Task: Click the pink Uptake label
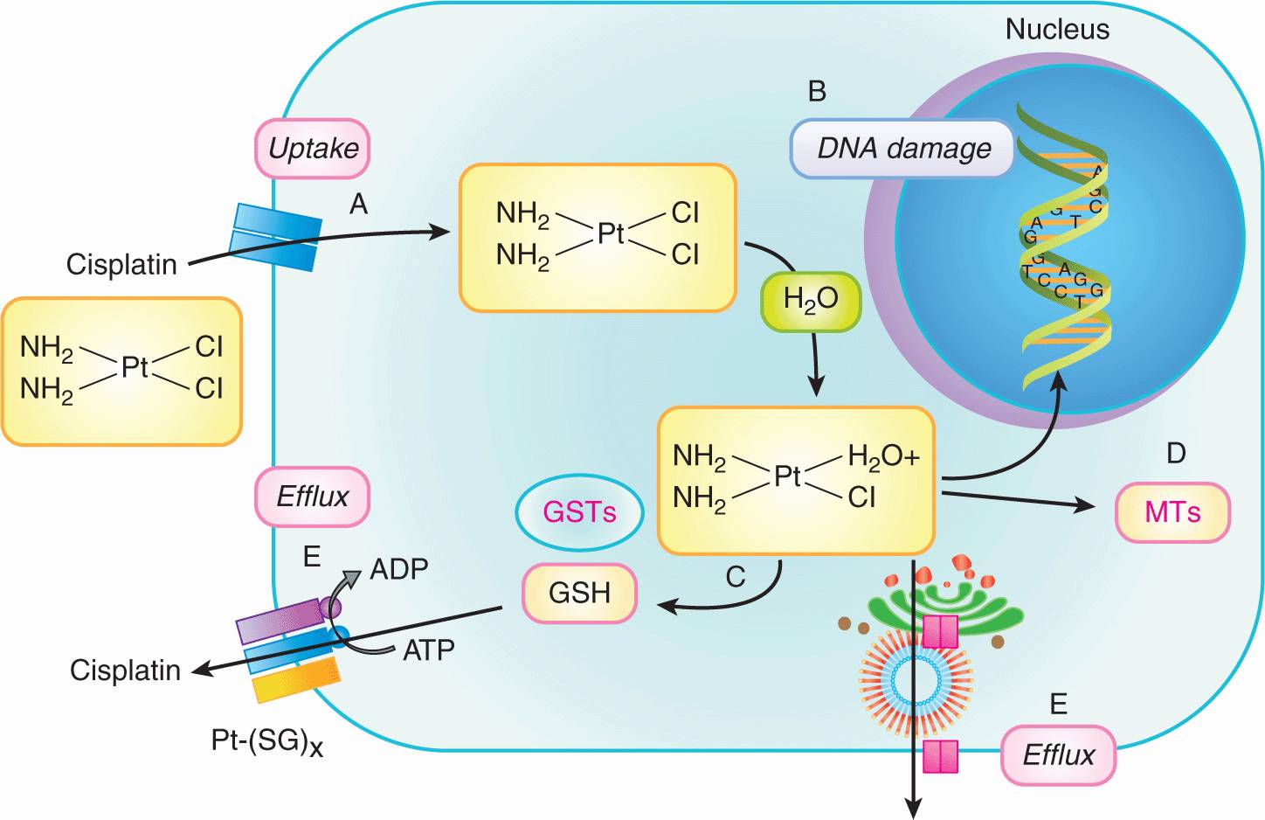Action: [x=313, y=149]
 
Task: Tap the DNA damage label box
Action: [x=902, y=149]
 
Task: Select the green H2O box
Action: [x=811, y=300]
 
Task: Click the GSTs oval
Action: [x=579, y=512]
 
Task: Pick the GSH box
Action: [x=579, y=593]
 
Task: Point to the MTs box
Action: [x=1172, y=512]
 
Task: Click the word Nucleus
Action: [x=1056, y=29]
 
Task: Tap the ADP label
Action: [x=399, y=569]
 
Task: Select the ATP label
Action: [x=428, y=650]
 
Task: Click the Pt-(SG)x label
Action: [x=266, y=742]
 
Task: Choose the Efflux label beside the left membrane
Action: [x=312, y=497]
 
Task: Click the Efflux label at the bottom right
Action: [x=1058, y=754]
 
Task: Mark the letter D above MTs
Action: [x=1176, y=453]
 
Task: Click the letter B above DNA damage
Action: [x=817, y=91]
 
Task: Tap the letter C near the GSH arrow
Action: [x=735, y=576]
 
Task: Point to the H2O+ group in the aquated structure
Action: [x=883, y=456]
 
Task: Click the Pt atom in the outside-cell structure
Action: [x=135, y=367]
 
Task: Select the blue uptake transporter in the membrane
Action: [x=275, y=237]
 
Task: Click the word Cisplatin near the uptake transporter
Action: [x=121, y=264]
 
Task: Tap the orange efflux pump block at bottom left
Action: [x=296, y=680]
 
